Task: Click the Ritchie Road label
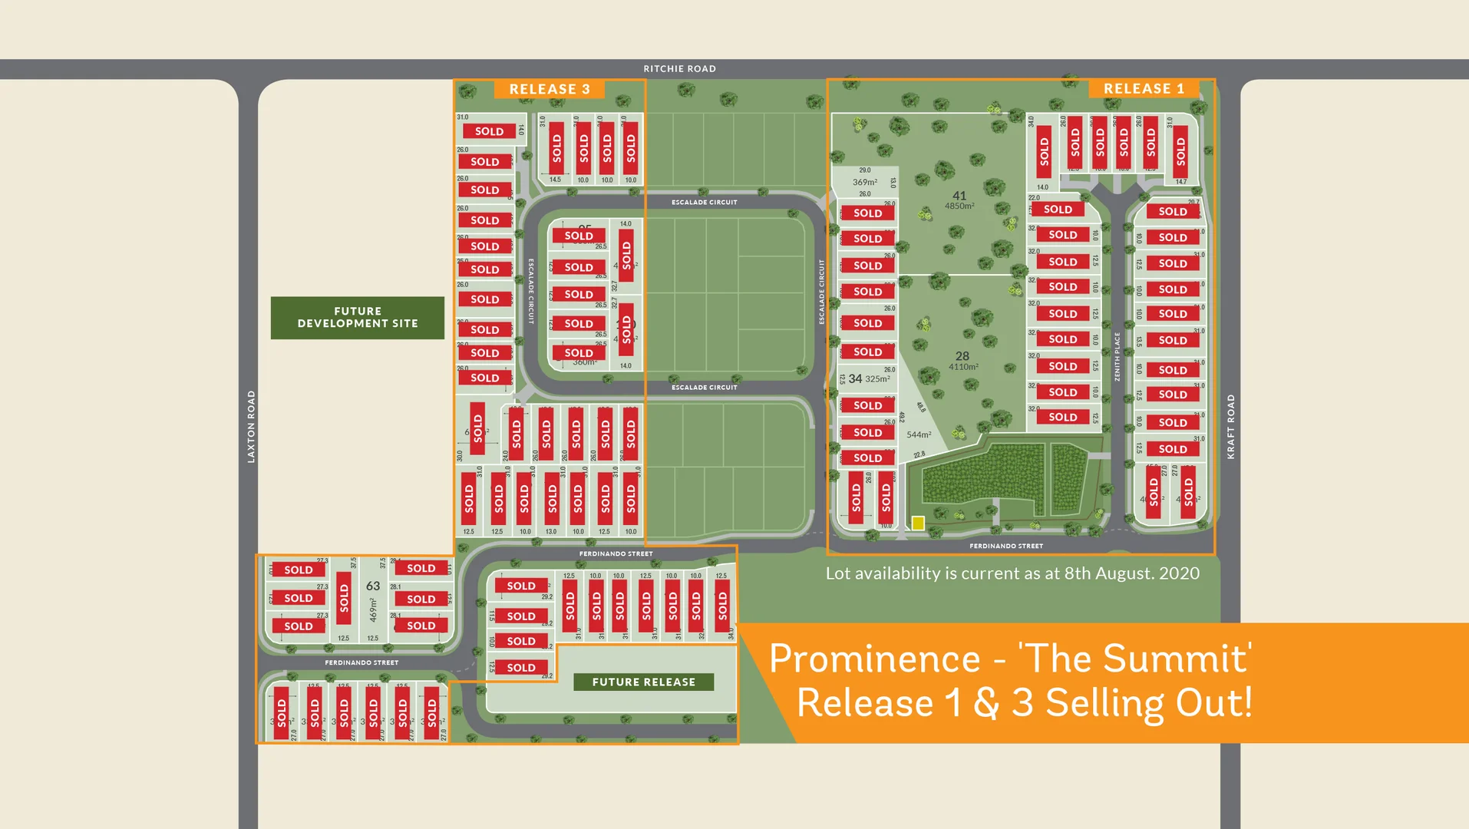coord(679,69)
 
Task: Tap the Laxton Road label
coord(251,426)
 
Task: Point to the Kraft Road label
coord(1231,427)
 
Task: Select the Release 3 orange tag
coord(550,89)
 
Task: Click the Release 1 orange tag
coord(1144,88)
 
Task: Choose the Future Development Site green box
coord(358,318)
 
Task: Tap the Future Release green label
coord(643,682)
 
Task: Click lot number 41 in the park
coord(959,196)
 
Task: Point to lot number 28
coord(962,356)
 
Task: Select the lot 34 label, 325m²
coord(869,378)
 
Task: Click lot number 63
coord(373,586)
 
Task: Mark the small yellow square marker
coord(918,523)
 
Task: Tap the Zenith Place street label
coord(1117,356)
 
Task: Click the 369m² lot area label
coord(865,182)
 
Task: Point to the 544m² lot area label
coord(919,434)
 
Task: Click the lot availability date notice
coord(1012,573)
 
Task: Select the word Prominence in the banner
coord(875,659)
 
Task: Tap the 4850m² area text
coord(959,206)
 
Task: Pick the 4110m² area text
coord(963,367)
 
